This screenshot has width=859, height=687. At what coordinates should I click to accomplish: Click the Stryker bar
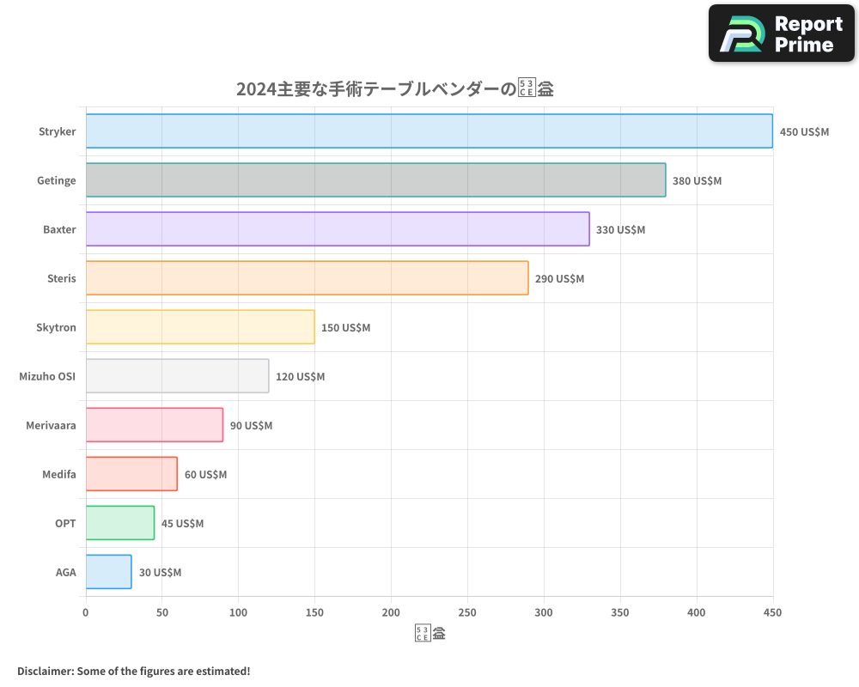coord(429,131)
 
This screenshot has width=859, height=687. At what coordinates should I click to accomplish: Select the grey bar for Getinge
coord(375,180)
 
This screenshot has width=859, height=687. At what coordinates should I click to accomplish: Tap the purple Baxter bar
coord(338,229)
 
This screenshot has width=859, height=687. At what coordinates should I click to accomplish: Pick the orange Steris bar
coord(307,278)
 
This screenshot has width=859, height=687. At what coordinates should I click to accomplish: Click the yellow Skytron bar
coord(200,327)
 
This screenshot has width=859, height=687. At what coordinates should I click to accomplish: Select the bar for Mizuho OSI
coord(177,376)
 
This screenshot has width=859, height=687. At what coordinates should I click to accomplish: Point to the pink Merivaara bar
coord(155,425)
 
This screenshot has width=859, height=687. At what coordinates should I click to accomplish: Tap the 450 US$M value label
coord(804,132)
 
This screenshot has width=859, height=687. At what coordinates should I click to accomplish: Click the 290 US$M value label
coord(559,279)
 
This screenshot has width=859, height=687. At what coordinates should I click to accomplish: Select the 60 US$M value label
coord(205,475)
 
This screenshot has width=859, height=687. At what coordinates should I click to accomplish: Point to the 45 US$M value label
coord(182,524)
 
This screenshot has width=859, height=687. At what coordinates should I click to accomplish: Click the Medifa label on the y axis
coord(58,474)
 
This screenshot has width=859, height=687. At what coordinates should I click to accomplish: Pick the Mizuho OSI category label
coord(47,376)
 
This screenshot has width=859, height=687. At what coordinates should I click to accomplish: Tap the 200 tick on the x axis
coord(391,612)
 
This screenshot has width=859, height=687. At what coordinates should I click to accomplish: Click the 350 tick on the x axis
coord(620,612)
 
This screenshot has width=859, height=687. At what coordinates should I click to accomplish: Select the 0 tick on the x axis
coord(86,612)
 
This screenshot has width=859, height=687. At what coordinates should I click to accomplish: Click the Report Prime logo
coord(781,33)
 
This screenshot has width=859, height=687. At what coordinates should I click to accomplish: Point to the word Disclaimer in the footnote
coord(44,671)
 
